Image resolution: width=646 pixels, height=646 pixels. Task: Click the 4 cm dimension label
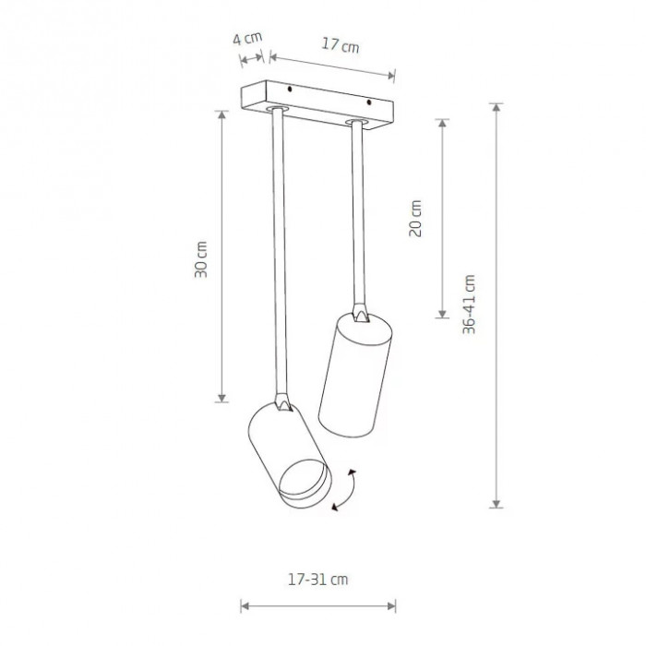pyautogui.click(x=247, y=39)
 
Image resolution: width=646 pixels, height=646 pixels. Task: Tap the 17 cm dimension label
pyautogui.click(x=341, y=45)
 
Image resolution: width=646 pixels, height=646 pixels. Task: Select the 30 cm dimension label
pyautogui.click(x=201, y=259)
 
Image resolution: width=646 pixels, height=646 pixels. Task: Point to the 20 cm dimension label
pyautogui.click(x=415, y=219)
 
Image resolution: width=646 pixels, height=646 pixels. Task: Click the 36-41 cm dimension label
pyautogui.click(x=469, y=305)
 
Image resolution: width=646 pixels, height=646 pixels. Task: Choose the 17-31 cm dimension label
pyautogui.click(x=317, y=580)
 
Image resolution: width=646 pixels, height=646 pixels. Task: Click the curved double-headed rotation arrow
pyautogui.click(x=344, y=490)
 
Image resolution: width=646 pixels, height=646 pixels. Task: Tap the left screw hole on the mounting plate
pyautogui.click(x=290, y=89)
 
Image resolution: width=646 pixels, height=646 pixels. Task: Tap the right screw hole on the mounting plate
pyautogui.click(x=369, y=102)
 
